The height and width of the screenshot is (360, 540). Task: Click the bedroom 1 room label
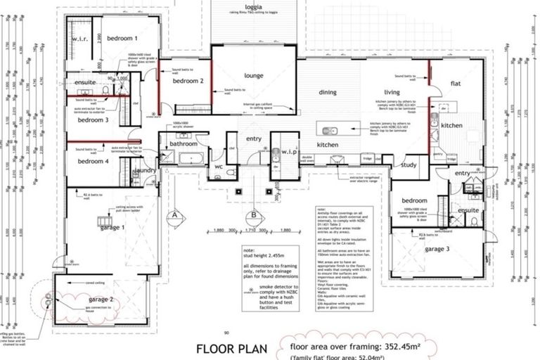122,39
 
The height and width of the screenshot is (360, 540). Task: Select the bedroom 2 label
188,82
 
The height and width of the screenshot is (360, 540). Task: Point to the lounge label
254,76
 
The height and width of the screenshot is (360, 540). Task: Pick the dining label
328,92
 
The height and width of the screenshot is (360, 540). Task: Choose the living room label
392,92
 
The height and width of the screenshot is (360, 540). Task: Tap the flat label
456,84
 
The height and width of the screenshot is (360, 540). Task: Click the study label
409,166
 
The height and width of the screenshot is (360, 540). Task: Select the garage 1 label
112,226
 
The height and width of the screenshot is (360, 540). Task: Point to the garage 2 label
101,300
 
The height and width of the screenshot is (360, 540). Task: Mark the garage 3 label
437,249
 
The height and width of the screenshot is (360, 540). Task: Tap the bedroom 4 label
93,162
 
